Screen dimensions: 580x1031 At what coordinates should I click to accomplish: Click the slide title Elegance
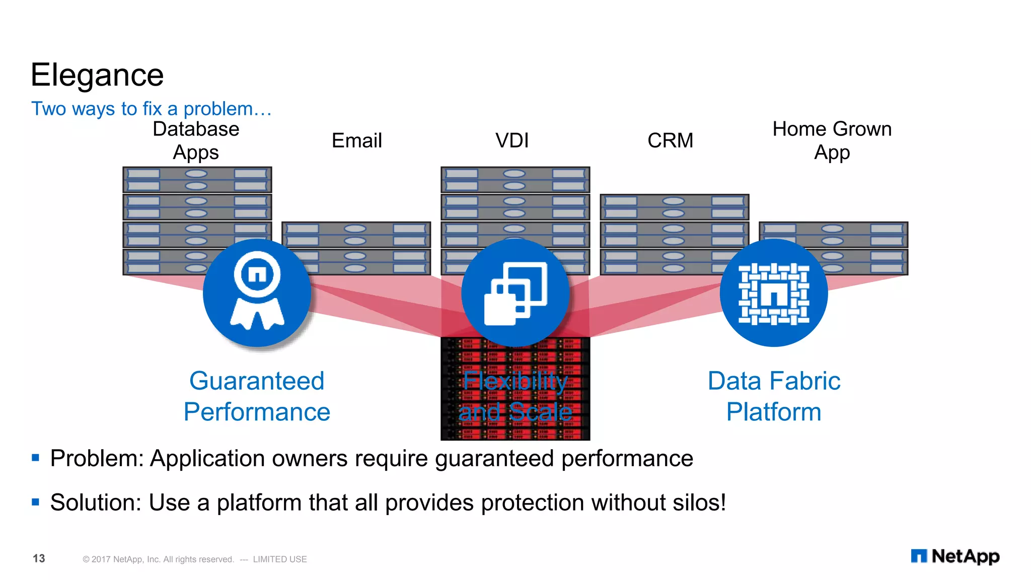pos(97,76)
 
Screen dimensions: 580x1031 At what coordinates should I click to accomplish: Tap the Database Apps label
pos(196,140)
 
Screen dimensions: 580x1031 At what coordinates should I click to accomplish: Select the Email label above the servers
pos(356,140)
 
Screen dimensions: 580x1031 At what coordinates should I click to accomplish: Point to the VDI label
pos(512,140)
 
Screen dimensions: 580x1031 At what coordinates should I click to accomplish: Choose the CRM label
pos(670,140)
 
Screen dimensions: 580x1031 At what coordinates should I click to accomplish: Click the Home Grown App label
pos(832,140)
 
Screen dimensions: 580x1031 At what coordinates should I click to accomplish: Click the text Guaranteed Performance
pos(257,396)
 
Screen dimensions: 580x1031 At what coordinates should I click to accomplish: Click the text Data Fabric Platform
pos(774,396)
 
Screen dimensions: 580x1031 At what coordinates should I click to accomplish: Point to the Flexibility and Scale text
pos(515,396)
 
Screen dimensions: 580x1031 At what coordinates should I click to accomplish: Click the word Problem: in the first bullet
pos(97,459)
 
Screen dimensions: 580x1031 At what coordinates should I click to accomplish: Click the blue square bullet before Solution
pos(35,502)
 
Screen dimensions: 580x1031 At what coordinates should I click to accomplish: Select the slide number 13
pos(39,558)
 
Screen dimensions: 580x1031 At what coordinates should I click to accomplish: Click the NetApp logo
pos(955,556)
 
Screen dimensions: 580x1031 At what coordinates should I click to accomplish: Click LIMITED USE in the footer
pos(280,559)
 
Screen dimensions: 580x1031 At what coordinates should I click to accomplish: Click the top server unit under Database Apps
pos(197,180)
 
